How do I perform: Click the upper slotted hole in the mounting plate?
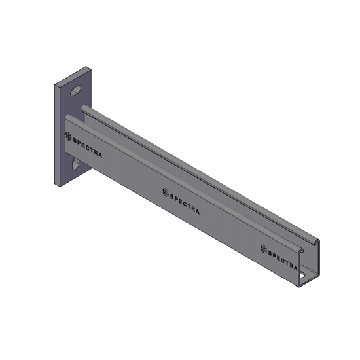tap(77, 91)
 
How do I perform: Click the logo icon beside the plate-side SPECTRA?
tap(68, 136)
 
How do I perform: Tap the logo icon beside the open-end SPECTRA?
tap(263, 248)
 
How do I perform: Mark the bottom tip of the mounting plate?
tap(59, 186)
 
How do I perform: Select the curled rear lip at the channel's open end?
tap(317, 240)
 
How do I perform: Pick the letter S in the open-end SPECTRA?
tap(271, 251)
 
